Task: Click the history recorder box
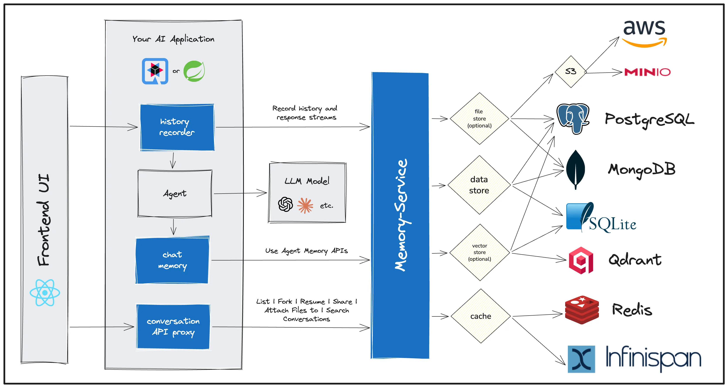tap(177, 127)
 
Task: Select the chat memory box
tap(172, 260)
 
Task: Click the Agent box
tap(175, 193)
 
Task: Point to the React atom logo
tap(45, 293)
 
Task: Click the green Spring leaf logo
tap(194, 71)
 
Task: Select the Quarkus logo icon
tap(155, 71)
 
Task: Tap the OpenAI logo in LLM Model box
tap(285, 204)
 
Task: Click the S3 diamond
tap(570, 71)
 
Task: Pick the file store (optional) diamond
tap(479, 119)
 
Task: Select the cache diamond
tap(480, 316)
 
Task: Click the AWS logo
tap(644, 33)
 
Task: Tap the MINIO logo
tap(647, 72)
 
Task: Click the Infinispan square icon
tap(581, 359)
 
